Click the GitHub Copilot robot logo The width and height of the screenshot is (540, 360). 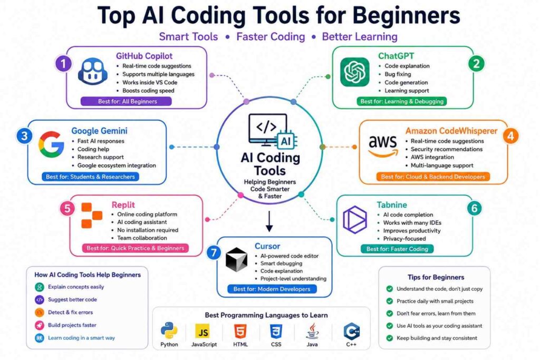point(92,72)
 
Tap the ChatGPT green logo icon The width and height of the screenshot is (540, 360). point(355,72)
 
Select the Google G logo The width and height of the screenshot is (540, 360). point(51,144)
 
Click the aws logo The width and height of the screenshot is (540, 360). point(383,145)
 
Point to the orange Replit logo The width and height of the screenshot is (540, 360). point(92,216)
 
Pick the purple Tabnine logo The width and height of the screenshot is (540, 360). point(355,220)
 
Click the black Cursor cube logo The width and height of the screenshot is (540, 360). point(236,259)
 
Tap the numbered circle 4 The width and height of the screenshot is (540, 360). point(510,136)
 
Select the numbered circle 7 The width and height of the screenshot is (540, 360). point(214,253)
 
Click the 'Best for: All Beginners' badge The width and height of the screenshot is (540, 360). point(126,102)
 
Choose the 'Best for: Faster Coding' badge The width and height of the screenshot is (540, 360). point(397,249)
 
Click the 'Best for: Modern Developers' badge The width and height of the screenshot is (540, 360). point(272,289)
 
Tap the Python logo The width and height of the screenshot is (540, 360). point(169,330)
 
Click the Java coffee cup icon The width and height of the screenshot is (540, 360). point(312,331)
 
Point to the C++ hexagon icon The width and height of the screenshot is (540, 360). point(352,331)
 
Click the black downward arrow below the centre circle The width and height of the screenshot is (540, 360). point(269,221)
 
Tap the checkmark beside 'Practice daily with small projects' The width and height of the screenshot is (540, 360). point(390,301)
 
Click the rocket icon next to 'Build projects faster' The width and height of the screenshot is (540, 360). point(40,325)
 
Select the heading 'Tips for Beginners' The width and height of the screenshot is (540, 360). point(436,277)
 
